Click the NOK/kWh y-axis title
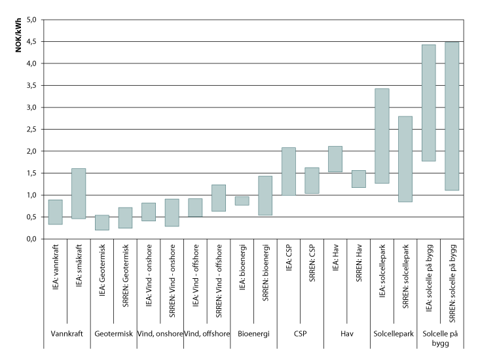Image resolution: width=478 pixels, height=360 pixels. pyautogui.click(x=19, y=36)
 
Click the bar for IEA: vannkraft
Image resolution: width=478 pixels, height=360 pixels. pyautogui.click(x=56, y=212)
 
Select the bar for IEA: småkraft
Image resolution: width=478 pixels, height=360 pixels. pyautogui.click(x=79, y=194)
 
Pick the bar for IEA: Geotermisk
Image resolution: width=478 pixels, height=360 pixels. pyautogui.click(x=102, y=223)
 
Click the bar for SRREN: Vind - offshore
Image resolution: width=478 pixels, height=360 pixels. pyautogui.click(x=218, y=198)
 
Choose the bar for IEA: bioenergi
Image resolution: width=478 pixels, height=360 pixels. pyautogui.click(x=242, y=201)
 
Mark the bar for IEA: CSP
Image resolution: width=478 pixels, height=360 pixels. pyautogui.click(x=288, y=171)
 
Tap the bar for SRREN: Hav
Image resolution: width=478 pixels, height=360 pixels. pyautogui.click(x=358, y=179)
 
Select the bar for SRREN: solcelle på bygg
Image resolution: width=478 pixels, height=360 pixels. pyautogui.click(x=451, y=116)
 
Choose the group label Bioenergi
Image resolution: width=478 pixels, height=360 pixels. pyautogui.click(x=253, y=334)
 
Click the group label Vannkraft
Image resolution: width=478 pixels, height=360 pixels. pyautogui.click(x=67, y=334)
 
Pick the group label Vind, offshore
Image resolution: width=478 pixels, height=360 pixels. pyautogui.click(x=207, y=334)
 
